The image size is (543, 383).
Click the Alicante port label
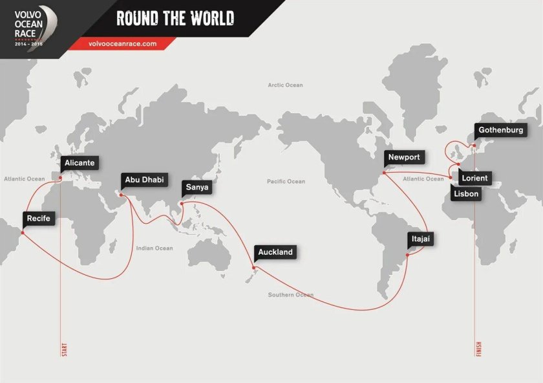[80, 163]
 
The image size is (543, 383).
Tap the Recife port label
[39, 219]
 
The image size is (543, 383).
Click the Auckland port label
[275, 252]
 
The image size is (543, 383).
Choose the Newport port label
[404, 157]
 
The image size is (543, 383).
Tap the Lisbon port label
[467, 193]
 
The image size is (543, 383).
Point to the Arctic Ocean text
[285, 85]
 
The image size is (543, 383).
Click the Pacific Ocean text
[286, 182]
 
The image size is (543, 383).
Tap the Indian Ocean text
[154, 248]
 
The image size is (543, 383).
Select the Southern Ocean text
[291, 295]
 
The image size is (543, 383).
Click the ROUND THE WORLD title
[175, 18]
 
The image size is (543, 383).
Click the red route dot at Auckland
[255, 268]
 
